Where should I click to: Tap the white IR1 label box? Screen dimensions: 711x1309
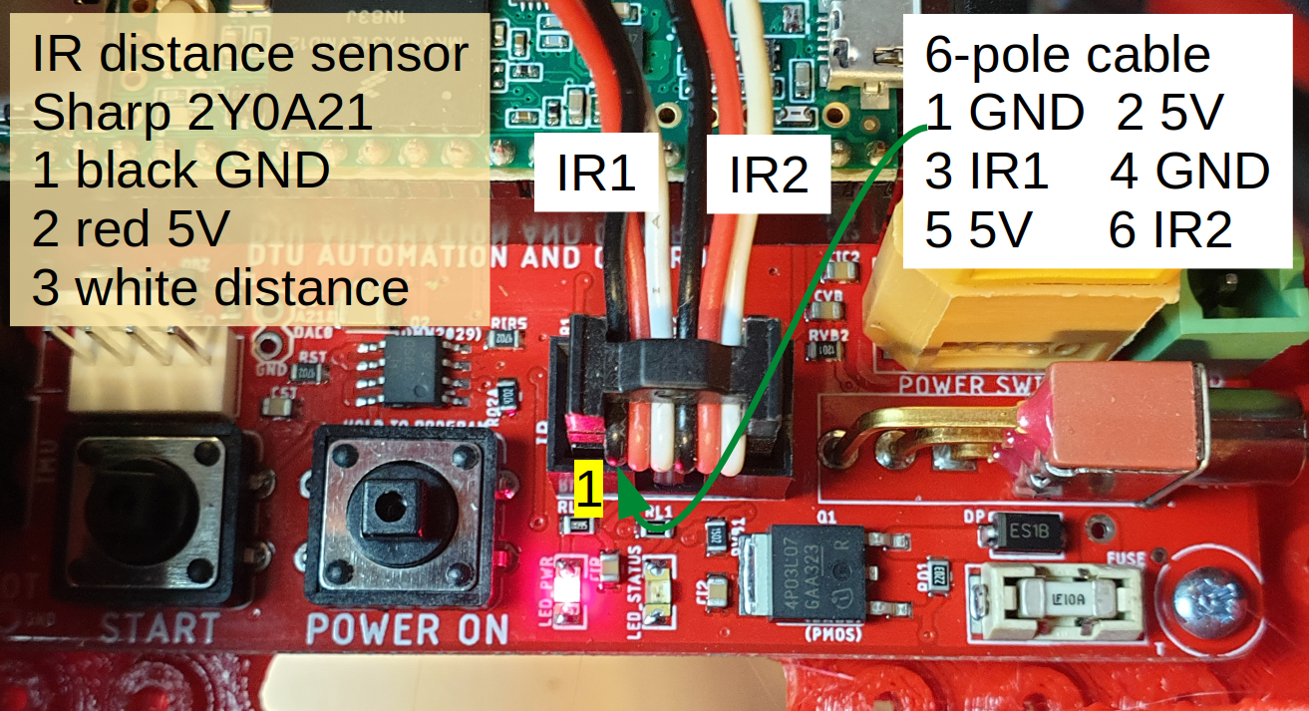click(596, 175)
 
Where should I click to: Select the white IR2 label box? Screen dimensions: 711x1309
click(768, 176)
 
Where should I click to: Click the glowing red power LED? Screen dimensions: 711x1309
click(570, 587)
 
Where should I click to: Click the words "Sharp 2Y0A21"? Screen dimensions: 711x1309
click(202, 113)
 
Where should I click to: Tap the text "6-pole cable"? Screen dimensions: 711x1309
click(1068, 55)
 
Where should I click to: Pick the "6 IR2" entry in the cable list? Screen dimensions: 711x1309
click(1170, 230)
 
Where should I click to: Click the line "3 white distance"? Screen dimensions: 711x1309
click(220, 287)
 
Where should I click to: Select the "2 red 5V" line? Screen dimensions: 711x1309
click(131, 229)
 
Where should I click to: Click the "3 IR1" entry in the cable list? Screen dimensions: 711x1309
click(987, 172)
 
